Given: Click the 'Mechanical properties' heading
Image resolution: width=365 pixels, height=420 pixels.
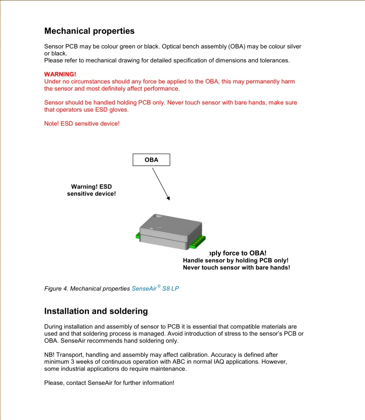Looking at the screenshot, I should (89, 31).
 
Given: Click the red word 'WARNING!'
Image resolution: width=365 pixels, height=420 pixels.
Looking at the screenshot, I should (60, 74).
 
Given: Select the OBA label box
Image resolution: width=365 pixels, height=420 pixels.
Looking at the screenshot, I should (151, 160).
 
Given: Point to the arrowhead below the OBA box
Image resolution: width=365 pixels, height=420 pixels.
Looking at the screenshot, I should (168, 198).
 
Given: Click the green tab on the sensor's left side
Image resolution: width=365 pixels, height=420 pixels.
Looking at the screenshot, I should (138, 236).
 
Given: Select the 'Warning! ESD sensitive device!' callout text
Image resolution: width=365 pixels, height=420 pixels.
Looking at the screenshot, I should (91, 190).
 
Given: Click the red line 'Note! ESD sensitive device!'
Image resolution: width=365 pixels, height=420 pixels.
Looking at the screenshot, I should (82, 124).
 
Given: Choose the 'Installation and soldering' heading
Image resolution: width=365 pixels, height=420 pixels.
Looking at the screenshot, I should (96, 311).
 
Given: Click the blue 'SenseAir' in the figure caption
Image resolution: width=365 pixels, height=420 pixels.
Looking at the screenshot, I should (144, 289).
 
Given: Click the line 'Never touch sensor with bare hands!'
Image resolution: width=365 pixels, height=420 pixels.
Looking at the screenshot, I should (236, 267).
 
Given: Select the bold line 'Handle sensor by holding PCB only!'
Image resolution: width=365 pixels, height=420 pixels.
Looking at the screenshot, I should (235, 260).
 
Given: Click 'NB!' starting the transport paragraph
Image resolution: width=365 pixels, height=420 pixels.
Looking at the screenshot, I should (50, 355).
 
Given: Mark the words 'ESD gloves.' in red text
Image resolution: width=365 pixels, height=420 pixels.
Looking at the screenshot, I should (114, 110).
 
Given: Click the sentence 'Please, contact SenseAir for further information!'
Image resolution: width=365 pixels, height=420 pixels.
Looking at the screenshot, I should (109, 383).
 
